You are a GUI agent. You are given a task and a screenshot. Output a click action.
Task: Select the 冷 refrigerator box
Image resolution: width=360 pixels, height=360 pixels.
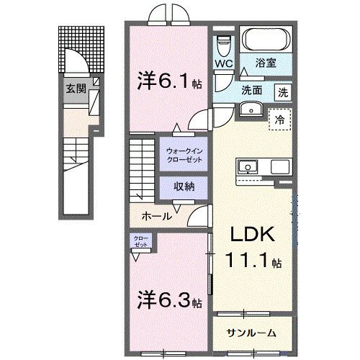tap(279, 120)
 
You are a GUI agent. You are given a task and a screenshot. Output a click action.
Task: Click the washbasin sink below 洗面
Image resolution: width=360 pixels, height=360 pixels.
tap(251, 108)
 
